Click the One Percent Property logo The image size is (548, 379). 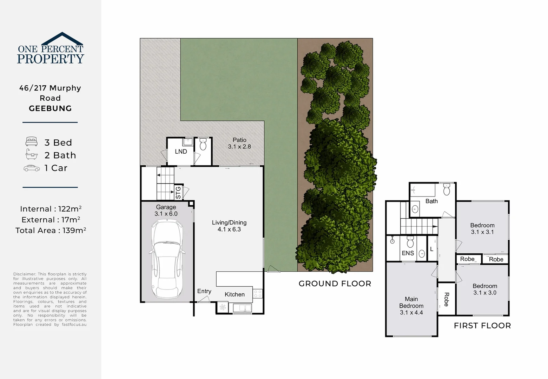tap(51, 49)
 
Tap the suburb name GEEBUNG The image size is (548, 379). tap(50, 108)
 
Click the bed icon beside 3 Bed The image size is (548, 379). tap(32, 142)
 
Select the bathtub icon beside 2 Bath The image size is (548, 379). tap(32, 154)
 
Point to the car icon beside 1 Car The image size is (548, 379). tap(32, 168)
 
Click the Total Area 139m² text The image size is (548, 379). tap(51, 231)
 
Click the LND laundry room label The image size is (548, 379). tap(181, 152)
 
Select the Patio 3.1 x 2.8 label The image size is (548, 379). tap(239, 143)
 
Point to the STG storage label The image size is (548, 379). tap(178, 193)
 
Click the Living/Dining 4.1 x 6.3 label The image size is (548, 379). tap(229, 226)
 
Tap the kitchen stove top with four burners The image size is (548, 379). tap(258, 293)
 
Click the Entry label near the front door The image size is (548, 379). tap(204, 291)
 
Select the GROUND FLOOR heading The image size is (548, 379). tap(335, 284)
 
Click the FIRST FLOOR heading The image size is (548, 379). tap(482, 326)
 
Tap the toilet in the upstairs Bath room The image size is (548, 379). tap(447, 189)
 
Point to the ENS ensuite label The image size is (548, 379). tap(408, 253)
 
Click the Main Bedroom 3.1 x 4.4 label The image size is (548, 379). tap(411, 306)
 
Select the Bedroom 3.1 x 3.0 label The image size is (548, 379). tap(484, 289)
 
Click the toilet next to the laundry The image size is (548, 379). tap(203, 145)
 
